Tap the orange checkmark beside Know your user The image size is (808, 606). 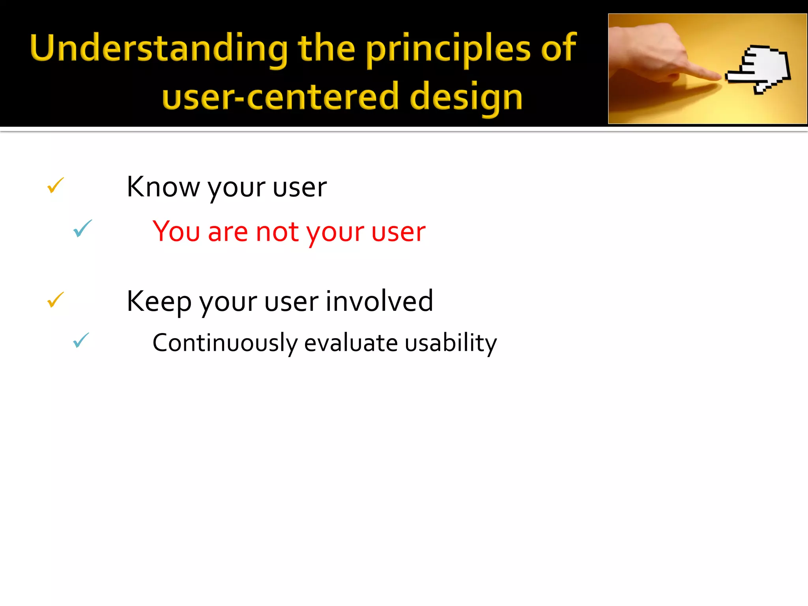click(x=55, y=185)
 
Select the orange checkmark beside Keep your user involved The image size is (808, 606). click(x=55, y=300)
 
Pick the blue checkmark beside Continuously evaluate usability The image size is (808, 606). click(x=81, y=340)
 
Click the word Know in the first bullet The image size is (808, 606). click(x=163, y=187)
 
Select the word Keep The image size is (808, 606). click(x=159, y=301)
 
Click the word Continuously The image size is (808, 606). click(x=224, y=343)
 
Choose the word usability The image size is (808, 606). click(x=451, y=343)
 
